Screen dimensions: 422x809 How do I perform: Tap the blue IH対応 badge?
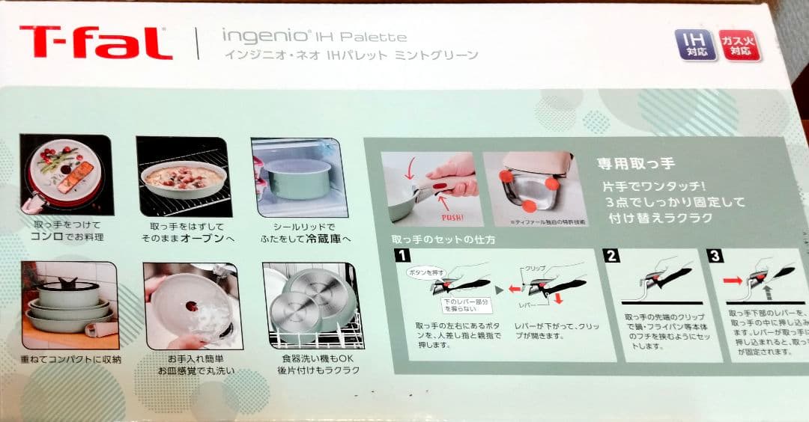(x=693, y=45)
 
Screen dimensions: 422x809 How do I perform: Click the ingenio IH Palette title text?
(x=314, y=35)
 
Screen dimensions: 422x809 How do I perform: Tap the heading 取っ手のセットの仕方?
(x=443, y=239)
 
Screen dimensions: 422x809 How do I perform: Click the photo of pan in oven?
(x=183, y=177)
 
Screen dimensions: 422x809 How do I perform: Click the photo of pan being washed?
(x=191, y=306)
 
